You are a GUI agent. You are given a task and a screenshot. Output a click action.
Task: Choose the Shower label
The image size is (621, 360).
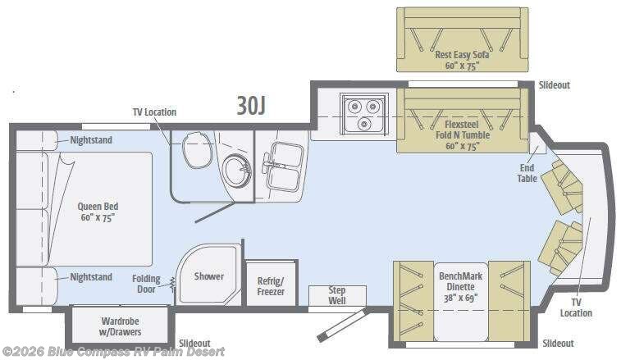208,276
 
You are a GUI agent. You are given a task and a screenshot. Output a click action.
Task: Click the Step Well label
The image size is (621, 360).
336,295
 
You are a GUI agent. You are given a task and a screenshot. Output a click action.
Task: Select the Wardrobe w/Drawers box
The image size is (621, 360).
121,326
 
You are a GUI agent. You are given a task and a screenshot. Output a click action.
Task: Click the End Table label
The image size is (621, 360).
526,172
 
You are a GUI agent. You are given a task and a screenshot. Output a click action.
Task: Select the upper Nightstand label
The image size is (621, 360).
91,140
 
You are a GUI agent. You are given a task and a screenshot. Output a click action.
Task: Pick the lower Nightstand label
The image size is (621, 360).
91,277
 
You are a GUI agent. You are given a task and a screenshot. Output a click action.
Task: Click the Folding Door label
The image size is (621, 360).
146,284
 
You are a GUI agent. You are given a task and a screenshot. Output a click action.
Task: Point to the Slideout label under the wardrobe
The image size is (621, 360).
194,343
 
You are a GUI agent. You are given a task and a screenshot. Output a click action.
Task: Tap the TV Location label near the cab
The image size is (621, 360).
576,308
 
